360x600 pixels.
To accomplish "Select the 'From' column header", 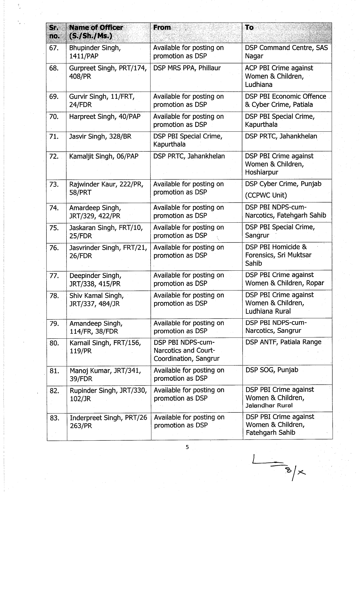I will [162, 28].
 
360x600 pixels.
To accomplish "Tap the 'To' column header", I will [249, 28].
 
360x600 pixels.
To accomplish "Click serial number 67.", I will [54, 48].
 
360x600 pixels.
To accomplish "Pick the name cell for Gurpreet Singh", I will [108, 72].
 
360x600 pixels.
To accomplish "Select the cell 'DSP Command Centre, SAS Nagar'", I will [286, 52].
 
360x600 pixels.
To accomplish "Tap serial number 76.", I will [54, 248].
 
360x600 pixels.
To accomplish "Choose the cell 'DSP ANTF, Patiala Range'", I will [283, 342].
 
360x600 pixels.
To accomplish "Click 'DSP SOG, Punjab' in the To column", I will [272, 370].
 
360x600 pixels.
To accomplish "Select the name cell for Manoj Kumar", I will [105, 375].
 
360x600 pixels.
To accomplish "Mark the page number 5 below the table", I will [187, 447].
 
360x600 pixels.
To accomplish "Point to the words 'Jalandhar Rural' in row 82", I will [269, 406].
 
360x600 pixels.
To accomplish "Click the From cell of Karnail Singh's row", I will [187, 351].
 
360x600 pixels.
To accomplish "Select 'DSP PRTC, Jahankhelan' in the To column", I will [281, 136].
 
